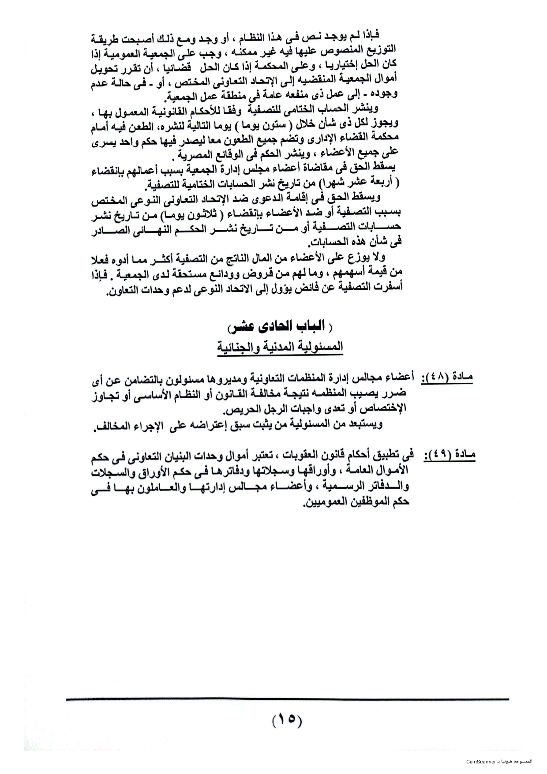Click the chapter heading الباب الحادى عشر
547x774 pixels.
280,327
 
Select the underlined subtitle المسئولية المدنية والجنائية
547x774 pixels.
280,347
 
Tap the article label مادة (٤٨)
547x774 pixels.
447,378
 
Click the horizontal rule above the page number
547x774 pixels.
287,699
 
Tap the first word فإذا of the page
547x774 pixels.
369,35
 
